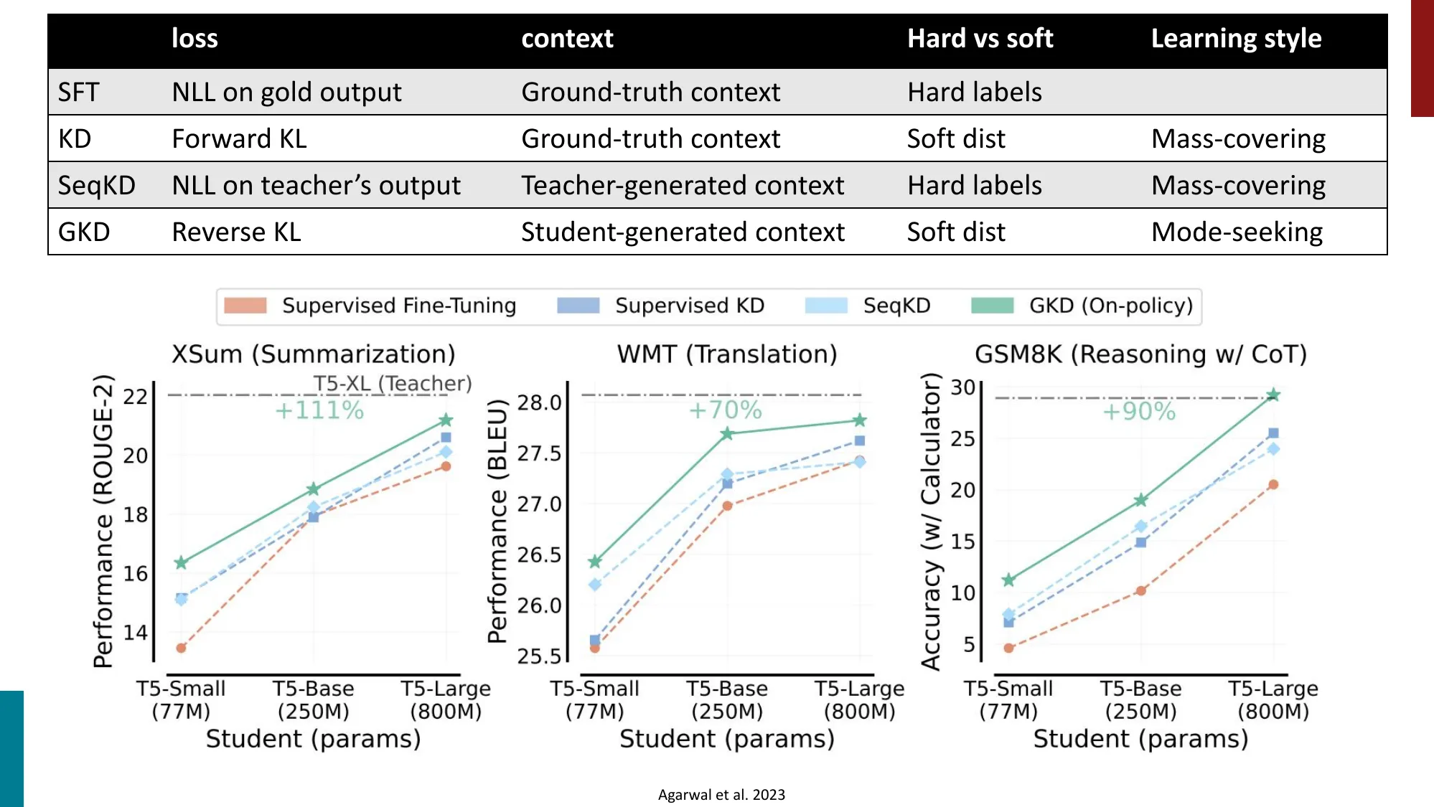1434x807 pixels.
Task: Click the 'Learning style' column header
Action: point(1236,39)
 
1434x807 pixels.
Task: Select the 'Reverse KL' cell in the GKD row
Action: point(236,232)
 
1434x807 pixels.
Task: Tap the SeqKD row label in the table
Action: point(96,186)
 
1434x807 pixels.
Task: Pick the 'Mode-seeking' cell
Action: point(1237,232)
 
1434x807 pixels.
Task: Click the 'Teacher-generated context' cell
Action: point(682,186)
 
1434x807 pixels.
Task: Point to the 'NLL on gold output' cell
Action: point(286,93)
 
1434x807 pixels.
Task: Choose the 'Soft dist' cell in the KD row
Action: point(955,139)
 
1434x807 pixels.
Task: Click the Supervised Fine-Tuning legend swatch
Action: point(245,306)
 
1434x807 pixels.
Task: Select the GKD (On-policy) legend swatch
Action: point(992,306)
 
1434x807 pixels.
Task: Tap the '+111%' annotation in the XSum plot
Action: point(319,410)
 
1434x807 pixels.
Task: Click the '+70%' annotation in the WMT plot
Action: point(725,410)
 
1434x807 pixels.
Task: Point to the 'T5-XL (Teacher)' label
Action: point(392,384)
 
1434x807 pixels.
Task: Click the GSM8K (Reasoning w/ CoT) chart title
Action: point(1140,354)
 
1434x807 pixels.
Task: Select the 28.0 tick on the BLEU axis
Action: point(539,403)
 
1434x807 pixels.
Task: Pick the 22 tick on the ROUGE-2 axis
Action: point(135,397)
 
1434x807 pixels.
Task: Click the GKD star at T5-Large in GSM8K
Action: point(1273,395)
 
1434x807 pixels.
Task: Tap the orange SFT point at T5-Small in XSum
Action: point(182,648)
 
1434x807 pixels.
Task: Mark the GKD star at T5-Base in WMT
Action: point(727,433)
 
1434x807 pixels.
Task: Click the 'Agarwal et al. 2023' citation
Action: point(721,795)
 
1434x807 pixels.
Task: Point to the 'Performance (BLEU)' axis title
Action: point(497,521)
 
